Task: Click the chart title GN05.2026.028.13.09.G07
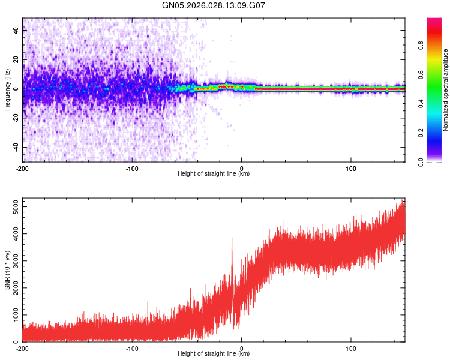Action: [214, 6]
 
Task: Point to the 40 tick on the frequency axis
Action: [17, 31]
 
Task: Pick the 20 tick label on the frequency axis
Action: [17, 60]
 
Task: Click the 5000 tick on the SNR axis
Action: [12, 207]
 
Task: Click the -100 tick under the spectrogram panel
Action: [132, 167]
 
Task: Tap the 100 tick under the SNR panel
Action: [351, 347]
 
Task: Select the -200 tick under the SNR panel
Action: [23, 347]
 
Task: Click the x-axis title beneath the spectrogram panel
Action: [214, 174]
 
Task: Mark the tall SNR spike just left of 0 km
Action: [232, 238]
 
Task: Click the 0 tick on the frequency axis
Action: [18, 89]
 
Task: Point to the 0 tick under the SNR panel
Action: [242, 347]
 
